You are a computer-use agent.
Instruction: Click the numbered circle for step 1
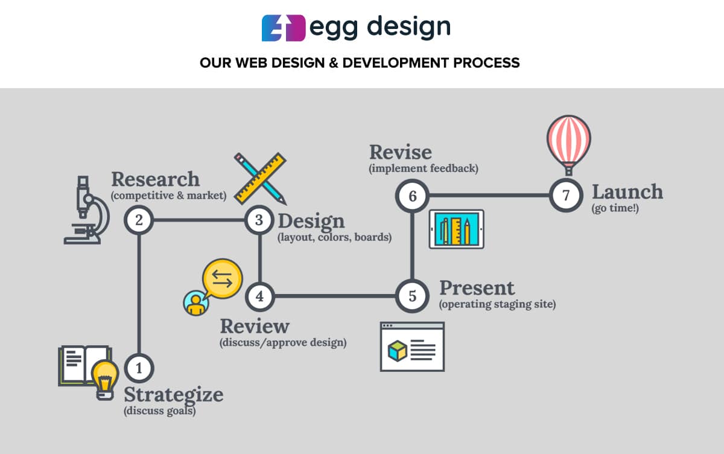point(139,368)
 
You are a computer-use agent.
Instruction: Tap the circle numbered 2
point(139,220)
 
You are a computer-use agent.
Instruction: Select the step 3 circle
point(259,220)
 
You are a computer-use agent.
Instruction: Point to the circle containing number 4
point(260,296)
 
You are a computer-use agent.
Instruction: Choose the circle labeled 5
point(413,296)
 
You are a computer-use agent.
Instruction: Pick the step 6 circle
point(413,196)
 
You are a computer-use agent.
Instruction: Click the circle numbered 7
point(566,195)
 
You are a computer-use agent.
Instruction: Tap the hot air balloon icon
point(569,145)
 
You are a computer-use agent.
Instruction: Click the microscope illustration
point(87,210)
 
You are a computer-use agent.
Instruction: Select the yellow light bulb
point(105,380)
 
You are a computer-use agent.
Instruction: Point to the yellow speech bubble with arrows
point(222,279)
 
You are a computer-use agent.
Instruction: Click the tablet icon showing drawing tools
point(456,229)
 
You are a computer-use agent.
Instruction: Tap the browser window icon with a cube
point(413,347)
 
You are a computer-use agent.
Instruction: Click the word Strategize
point(174,395)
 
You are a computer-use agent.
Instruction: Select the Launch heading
point(627,191)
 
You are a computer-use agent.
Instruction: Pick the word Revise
point(401,152)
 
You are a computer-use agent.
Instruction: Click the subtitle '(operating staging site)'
point(497,304)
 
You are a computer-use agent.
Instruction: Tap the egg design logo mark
point(284,28)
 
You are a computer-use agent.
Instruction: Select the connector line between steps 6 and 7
point(489,196)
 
